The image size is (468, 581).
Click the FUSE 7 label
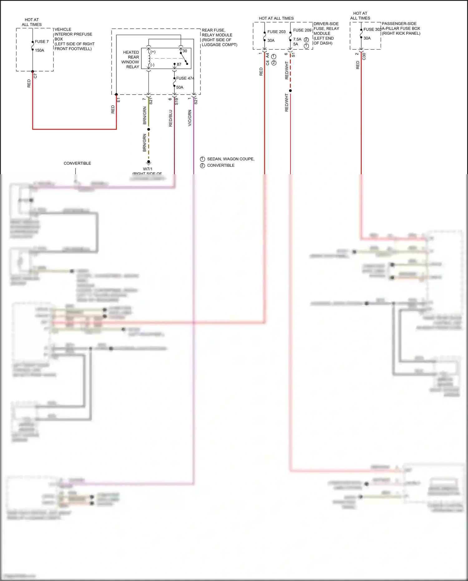click(41, 42)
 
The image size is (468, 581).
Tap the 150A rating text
click(39, 50)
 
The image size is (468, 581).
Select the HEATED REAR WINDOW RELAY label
click(131, 60)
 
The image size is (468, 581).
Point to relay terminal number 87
click(179, 64)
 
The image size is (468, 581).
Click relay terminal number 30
click(185, 51)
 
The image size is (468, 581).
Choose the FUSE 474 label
click(185, 78)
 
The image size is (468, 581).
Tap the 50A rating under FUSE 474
click(180, 87)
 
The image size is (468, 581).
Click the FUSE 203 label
click(276, 32)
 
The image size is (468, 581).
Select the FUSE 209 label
click(302, 30)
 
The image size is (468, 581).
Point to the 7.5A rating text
click(297, 39)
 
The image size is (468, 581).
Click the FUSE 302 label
click(372, 29)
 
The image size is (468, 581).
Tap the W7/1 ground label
click(148, 169)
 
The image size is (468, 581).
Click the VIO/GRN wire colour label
click(190, 118)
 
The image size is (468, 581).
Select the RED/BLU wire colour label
click(171, 118)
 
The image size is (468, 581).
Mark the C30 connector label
click(364, 57)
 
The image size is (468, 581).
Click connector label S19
click(176, 101)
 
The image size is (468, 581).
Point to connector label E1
click(119, 100)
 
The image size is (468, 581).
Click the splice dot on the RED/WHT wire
click(290, 91)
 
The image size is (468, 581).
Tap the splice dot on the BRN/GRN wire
click(149, 129)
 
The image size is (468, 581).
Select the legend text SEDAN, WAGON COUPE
click(231, 159)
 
